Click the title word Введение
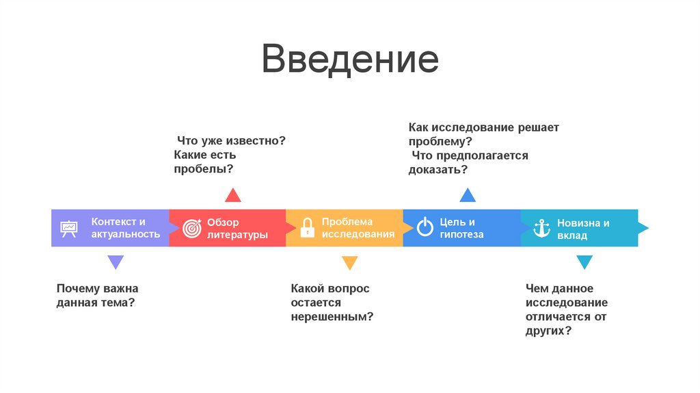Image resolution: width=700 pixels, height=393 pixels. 349,60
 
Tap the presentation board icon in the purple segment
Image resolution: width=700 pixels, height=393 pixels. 68,228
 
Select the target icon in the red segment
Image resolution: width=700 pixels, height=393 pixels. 191,229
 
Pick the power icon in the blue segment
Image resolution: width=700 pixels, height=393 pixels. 425,228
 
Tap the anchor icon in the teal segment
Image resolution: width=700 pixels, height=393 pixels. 542,228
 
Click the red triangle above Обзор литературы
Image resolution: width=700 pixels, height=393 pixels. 233,195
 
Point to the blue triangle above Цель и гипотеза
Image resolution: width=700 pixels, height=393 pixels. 468,195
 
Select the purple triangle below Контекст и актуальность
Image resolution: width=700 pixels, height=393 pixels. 116,262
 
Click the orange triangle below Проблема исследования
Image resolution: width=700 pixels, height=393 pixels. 350,262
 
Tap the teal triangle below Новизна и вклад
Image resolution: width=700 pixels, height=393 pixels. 584,262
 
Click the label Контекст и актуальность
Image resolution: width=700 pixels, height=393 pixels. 126,228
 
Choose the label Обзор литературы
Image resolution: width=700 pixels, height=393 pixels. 237,229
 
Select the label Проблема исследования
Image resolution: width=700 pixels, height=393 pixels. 358,228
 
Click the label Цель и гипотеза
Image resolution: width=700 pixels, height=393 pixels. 461,228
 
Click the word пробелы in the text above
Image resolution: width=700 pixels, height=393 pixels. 199,169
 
